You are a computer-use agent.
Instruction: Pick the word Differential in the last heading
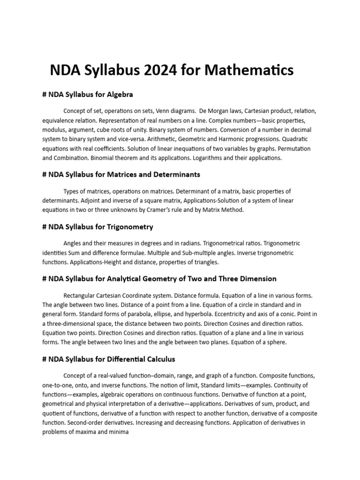(121, 359)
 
